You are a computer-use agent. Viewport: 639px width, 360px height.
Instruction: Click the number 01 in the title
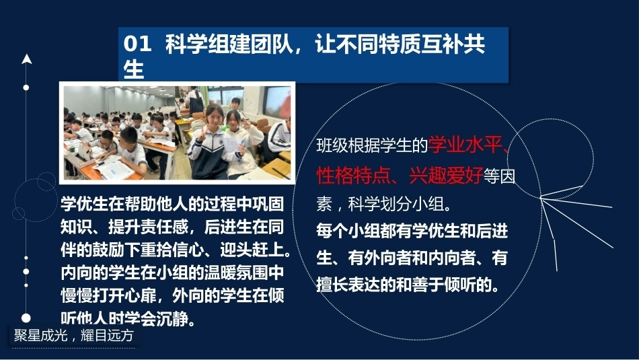pos(137,44)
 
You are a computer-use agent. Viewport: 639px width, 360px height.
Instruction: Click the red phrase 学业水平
pos(465,145)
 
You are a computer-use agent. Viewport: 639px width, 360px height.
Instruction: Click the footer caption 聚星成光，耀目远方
pos(74,335)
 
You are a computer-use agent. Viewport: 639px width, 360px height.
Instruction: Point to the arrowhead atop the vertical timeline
pos(26,59)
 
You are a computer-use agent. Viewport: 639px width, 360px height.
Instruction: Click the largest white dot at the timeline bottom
pos(26,318)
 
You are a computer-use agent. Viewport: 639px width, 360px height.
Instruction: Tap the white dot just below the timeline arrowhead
pos(26,87)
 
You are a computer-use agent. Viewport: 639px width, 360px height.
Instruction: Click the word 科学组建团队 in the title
pos(229,44)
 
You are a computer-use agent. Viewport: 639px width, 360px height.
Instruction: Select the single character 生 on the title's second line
pos(134,69)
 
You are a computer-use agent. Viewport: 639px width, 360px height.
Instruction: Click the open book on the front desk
pos(113,168)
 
